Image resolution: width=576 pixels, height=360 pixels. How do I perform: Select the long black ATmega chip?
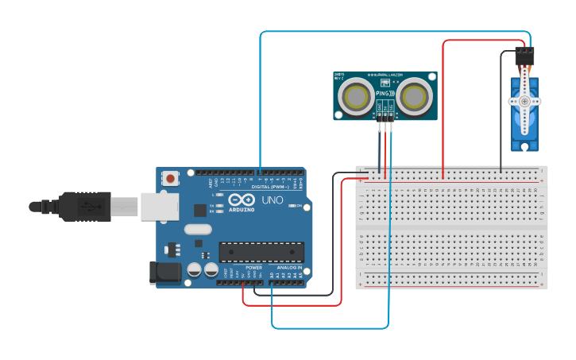(x=261, y=252)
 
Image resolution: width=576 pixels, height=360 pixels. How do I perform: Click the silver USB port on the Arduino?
(x=160, y=206)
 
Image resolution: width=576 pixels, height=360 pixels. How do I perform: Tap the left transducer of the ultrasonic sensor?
(x=354, y=97)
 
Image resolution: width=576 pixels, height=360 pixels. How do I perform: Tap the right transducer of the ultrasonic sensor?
(x=415, y=97)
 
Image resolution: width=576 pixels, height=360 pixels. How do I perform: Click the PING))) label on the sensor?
(x=385, y=94)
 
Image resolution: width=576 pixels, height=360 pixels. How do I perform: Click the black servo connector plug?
(x=524, y=56)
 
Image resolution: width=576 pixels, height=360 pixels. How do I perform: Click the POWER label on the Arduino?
(x=253, y=268)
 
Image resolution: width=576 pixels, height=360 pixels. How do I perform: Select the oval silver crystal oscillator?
(x=197, y=230)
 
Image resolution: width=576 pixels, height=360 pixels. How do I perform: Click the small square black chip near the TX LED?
(x=199, y=210)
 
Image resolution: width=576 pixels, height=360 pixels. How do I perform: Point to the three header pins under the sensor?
(x=385, y=116)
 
